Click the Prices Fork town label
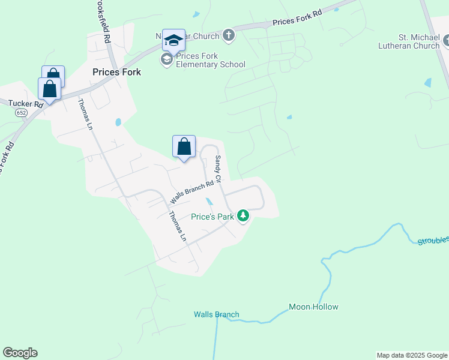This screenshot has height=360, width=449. coord(116,72)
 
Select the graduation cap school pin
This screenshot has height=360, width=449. coord(173,40)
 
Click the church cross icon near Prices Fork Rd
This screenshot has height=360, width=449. coord(228,35)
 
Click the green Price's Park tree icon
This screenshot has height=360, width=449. coord(243,215)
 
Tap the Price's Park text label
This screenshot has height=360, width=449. coord(212,217)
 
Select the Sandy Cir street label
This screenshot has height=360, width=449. coord(218,169)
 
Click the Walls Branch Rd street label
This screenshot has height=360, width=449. coord(192,192)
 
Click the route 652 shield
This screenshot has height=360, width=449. coord(22,112)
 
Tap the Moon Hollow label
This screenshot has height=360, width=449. coord(313,307)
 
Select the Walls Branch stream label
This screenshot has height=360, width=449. coord(216,314)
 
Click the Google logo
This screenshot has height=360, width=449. coord(20,353)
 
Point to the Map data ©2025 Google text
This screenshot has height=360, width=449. coord(412,355)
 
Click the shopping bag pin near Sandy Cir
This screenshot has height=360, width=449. coord(184,146)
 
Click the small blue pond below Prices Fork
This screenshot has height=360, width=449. coord(118,122)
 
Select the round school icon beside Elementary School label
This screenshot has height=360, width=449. coord(166,59)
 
